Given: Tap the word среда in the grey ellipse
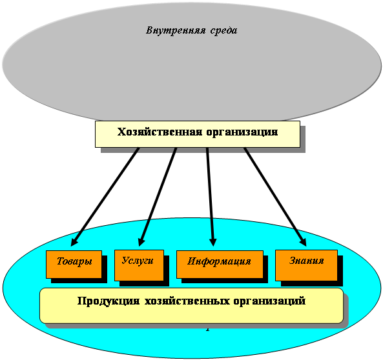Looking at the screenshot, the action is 223,31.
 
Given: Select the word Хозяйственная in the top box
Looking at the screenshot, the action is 160,132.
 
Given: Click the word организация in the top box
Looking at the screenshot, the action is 242,132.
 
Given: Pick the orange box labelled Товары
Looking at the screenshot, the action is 74,265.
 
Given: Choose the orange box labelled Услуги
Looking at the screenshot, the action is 140,265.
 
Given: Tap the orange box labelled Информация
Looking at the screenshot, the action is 220,265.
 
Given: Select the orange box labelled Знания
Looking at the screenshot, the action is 306,265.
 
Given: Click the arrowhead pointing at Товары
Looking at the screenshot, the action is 74,242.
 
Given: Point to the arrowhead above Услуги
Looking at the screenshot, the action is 141,242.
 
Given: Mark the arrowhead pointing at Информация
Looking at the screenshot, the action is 213,242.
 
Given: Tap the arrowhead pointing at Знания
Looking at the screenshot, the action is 303,242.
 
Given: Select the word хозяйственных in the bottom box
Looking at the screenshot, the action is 187,301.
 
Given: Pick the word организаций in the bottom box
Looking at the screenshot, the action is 269,301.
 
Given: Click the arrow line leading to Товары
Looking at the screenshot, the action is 105,197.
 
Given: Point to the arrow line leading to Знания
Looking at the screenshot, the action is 275,197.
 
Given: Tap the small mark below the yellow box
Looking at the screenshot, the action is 207,330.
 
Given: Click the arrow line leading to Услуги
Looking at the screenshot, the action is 157,197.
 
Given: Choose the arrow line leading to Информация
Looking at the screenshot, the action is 210,197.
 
